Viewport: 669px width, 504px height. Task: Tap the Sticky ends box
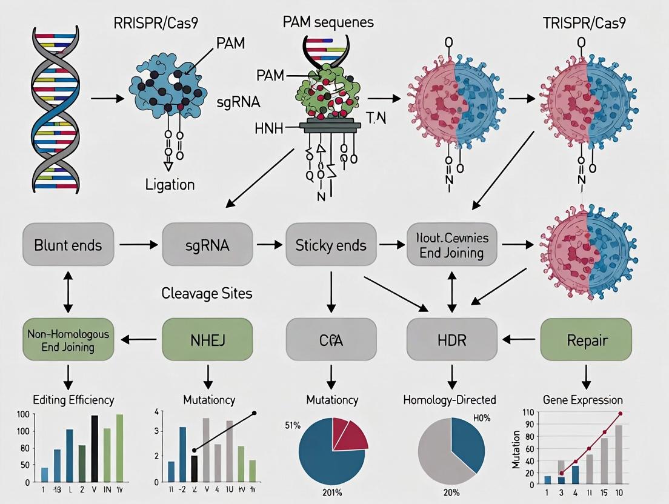pyautogui.click(x=330, y=245)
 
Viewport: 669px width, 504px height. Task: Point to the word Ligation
pyautogui.click(x=170, y=184)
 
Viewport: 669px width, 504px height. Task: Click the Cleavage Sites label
pyautogui.click(x=207, y=293)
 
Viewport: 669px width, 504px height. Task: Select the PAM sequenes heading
pyautogui.click(x=328, y=23)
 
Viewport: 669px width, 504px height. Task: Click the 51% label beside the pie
pyautogui.click(x=293, y=425)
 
